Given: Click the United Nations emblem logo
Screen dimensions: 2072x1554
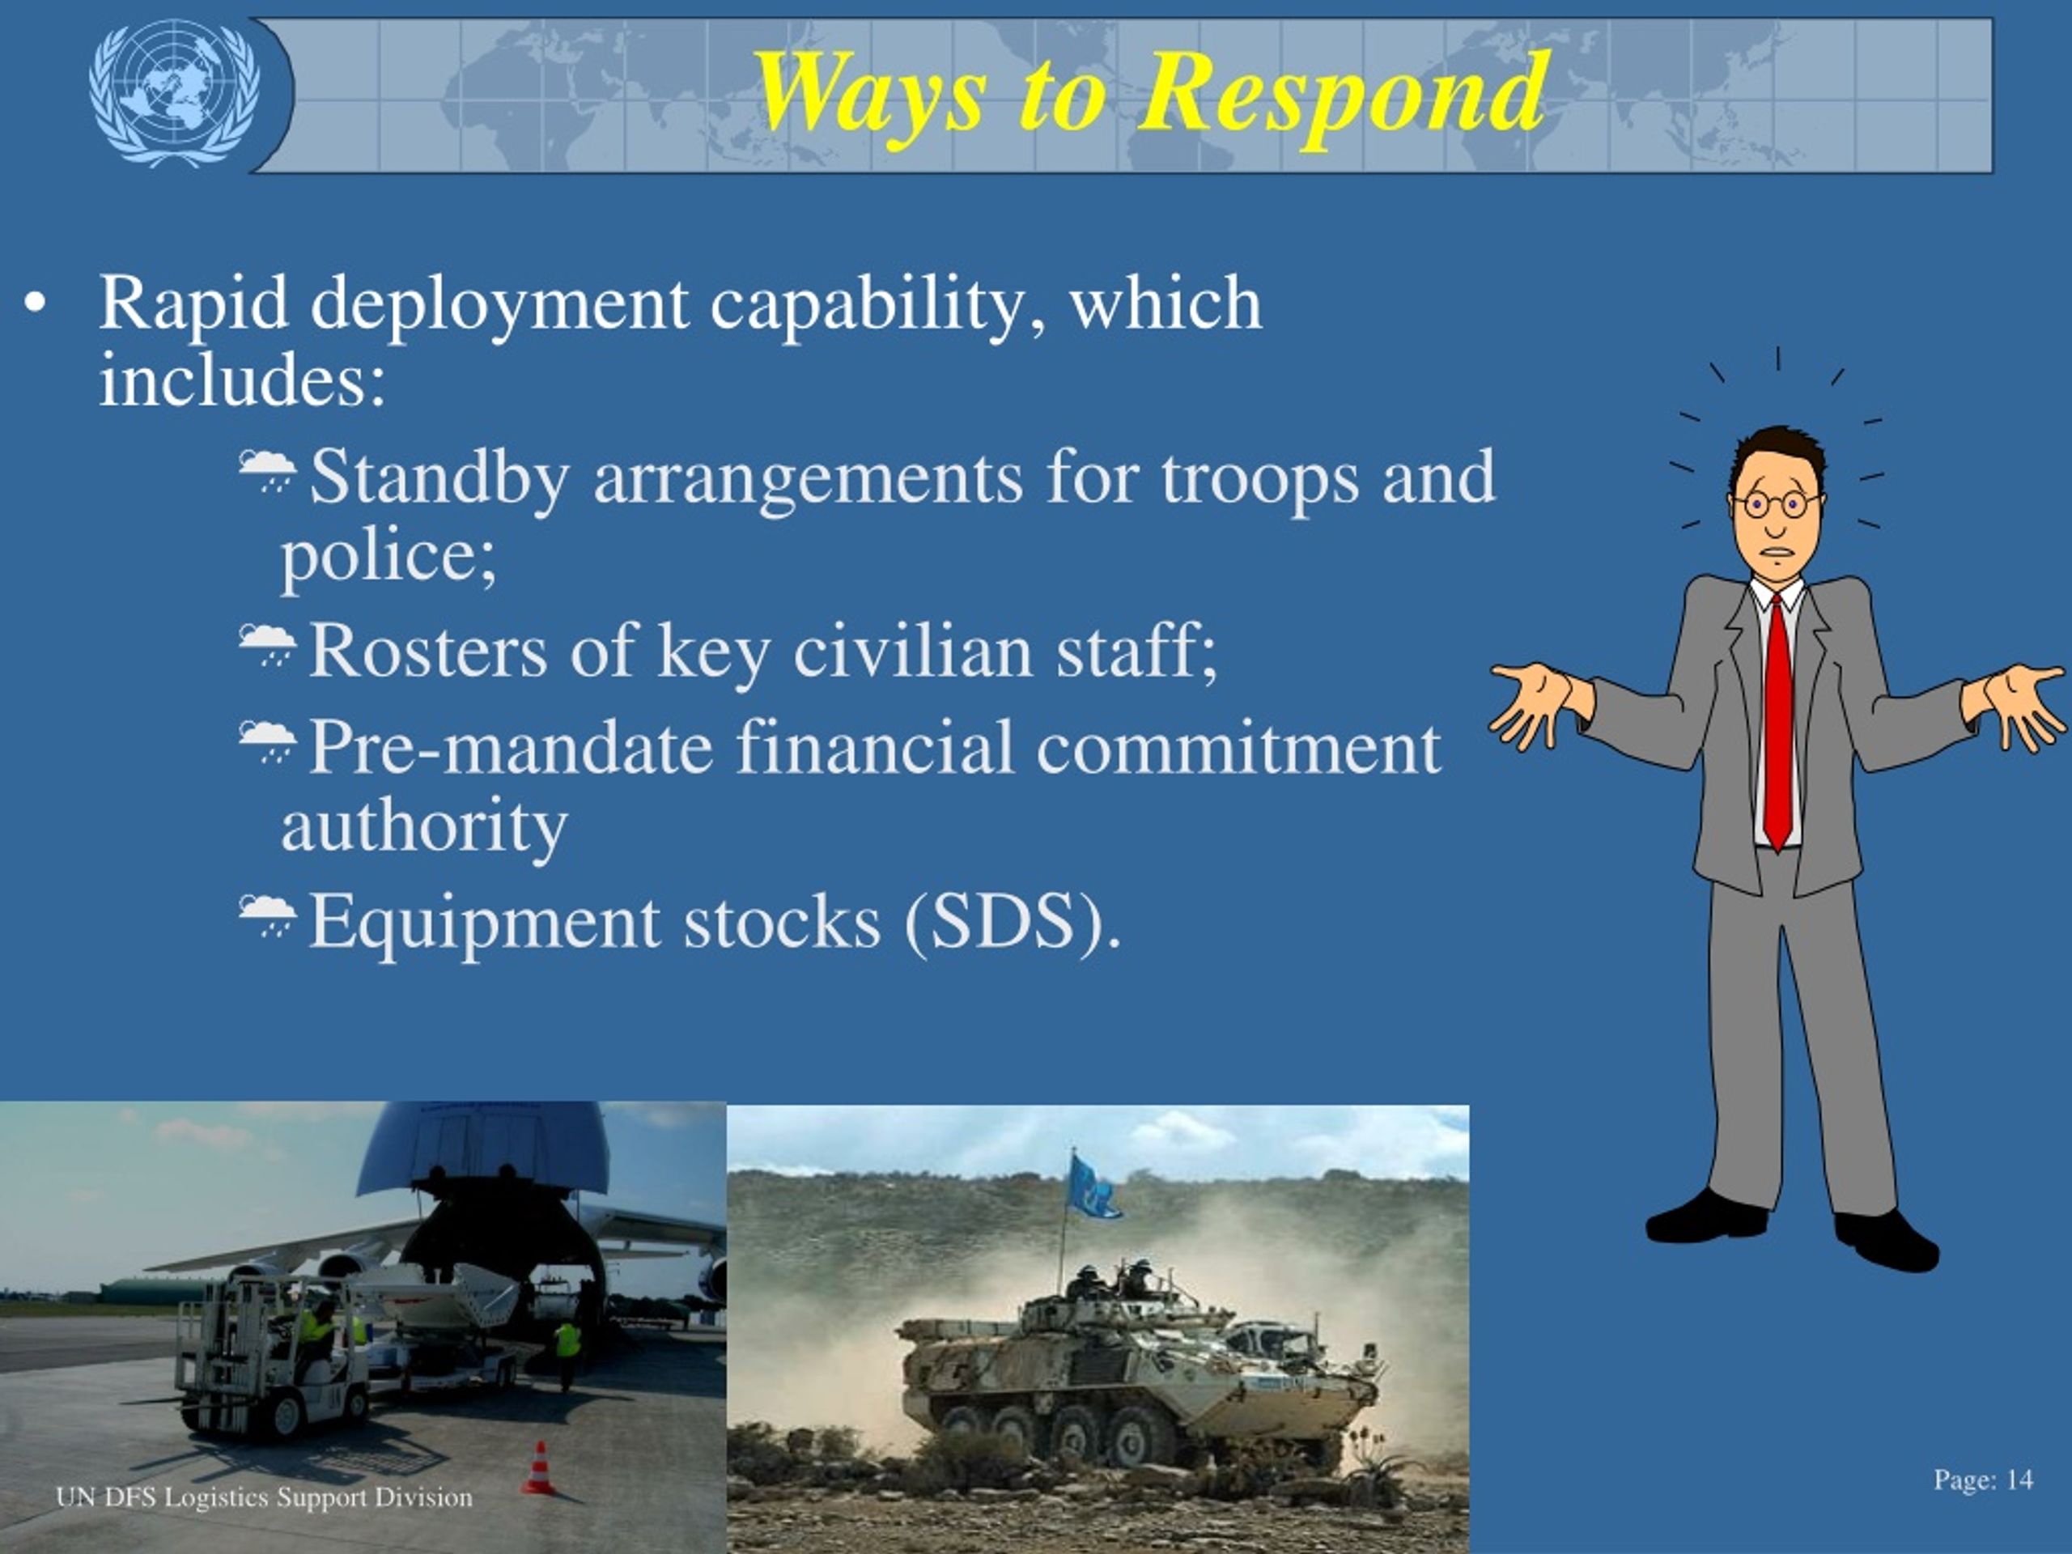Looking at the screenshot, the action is click(x=174, y=93).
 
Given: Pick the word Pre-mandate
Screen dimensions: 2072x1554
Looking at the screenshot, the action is click(x=511, y=749).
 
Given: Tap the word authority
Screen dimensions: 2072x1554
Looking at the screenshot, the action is click(x=424, y=827).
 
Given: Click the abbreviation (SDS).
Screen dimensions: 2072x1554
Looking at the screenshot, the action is click(x=1013, y=923).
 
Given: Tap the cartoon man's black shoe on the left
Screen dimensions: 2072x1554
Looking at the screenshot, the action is click(x=1707, y=1219).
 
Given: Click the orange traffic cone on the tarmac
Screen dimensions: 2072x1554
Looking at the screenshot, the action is click(x=538, y=1468).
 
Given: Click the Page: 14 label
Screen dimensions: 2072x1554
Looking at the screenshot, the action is click(x=1982, y=1480).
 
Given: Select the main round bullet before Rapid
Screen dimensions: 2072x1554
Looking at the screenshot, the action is click(x=36, y=305).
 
